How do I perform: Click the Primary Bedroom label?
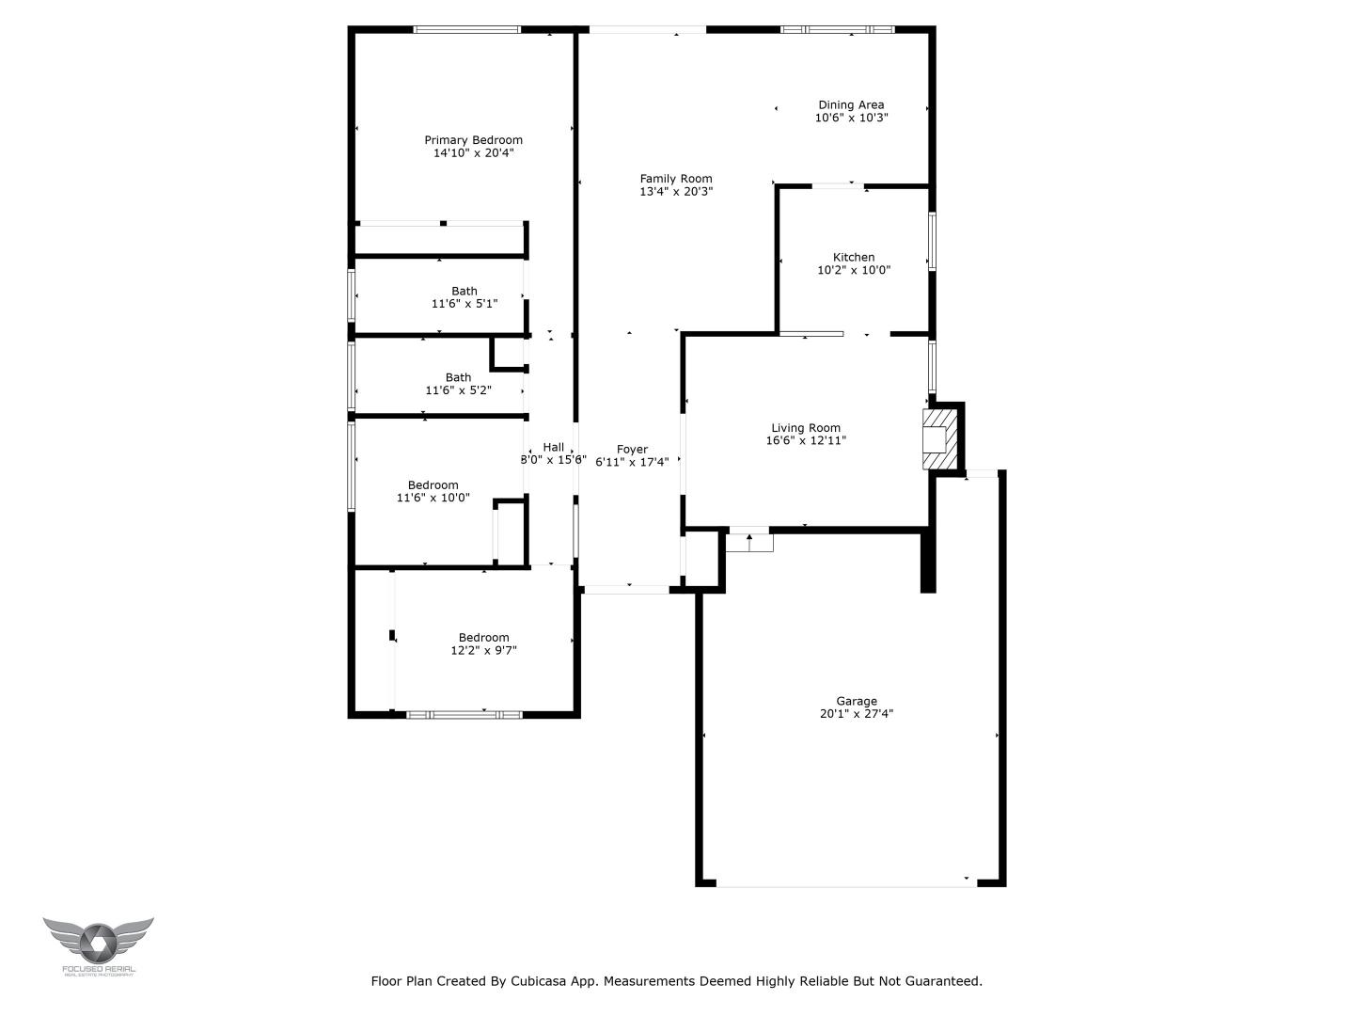[473, 140]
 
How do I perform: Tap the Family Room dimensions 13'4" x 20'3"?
[675, 191]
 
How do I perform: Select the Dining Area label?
[851, 105]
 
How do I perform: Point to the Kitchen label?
[854, 257]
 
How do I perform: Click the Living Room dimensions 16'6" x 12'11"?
[806, 440]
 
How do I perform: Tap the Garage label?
[857, 701]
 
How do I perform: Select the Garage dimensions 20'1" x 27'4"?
[857, 714]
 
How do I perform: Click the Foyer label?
[632, 449]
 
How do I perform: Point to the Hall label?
[554, 447]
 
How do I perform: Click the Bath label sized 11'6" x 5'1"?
[464, 291]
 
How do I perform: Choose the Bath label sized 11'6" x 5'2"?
[458, 377]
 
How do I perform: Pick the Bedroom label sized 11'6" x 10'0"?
[433, 485]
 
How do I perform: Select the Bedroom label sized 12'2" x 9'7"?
[483, 637]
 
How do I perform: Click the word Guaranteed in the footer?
[942, 981]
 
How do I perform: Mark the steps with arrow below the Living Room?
[749, 542]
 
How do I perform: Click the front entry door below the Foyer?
[626, 590]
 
